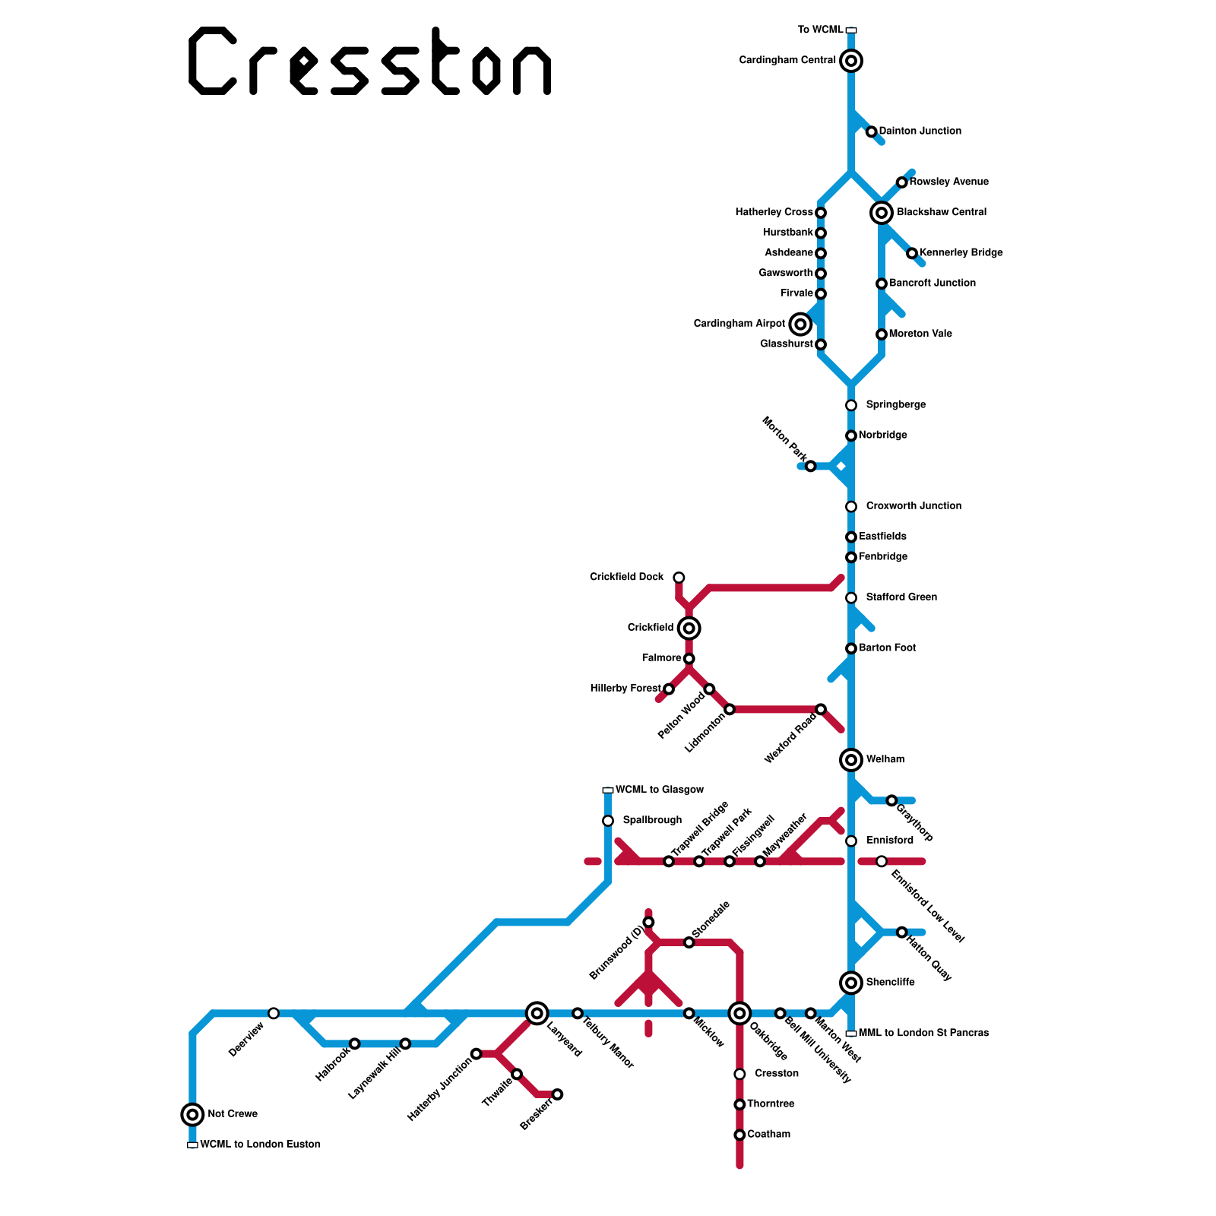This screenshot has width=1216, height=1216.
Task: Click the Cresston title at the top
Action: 369,61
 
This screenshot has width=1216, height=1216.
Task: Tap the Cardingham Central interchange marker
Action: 851,61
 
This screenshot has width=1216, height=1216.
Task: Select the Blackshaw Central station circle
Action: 882,213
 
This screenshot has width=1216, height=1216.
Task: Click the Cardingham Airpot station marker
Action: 800,325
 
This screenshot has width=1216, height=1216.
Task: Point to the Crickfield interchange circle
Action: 689,629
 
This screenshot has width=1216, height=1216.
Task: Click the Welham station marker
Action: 851,759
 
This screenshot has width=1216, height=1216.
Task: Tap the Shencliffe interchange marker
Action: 851,983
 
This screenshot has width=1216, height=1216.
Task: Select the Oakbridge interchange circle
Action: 739,1013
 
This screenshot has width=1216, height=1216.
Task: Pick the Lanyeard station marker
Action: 537,1013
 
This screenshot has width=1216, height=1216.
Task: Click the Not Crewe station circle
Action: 193,1115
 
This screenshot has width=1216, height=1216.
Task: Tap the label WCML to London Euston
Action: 260,1145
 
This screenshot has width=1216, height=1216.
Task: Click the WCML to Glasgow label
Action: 660,790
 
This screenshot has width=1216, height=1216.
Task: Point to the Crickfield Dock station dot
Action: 679,578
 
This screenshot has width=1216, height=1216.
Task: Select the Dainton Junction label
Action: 920,131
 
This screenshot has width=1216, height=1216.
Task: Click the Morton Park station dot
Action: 811,466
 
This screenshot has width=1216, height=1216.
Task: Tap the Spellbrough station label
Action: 652,821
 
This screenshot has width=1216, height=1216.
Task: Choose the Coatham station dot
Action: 739,1135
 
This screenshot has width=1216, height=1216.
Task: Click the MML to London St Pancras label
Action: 923,1034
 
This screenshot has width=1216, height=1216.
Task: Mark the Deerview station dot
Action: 274,1013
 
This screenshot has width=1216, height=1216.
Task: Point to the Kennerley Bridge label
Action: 961,253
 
